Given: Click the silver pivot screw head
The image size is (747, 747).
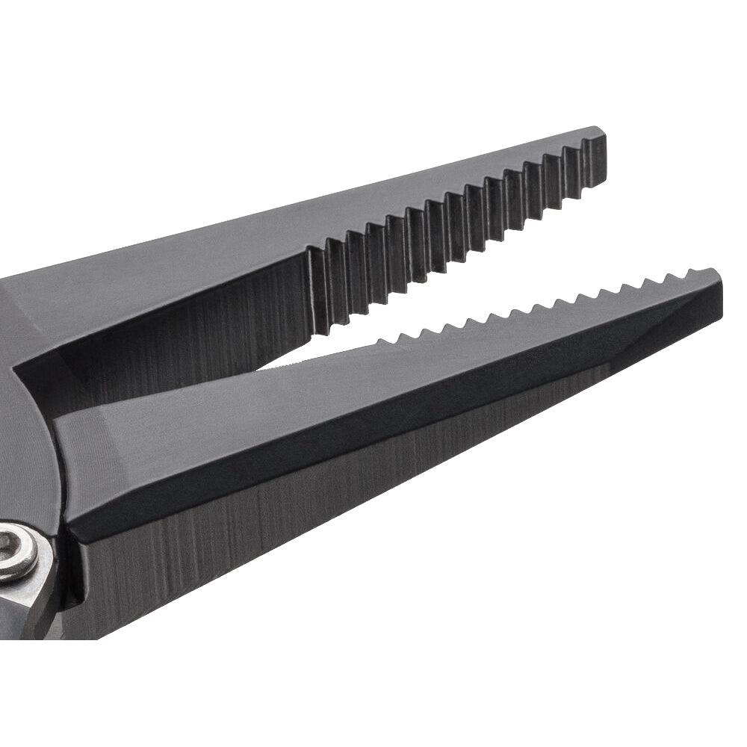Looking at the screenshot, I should coord(16,551).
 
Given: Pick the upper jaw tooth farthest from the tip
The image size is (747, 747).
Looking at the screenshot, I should coord(318,288).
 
